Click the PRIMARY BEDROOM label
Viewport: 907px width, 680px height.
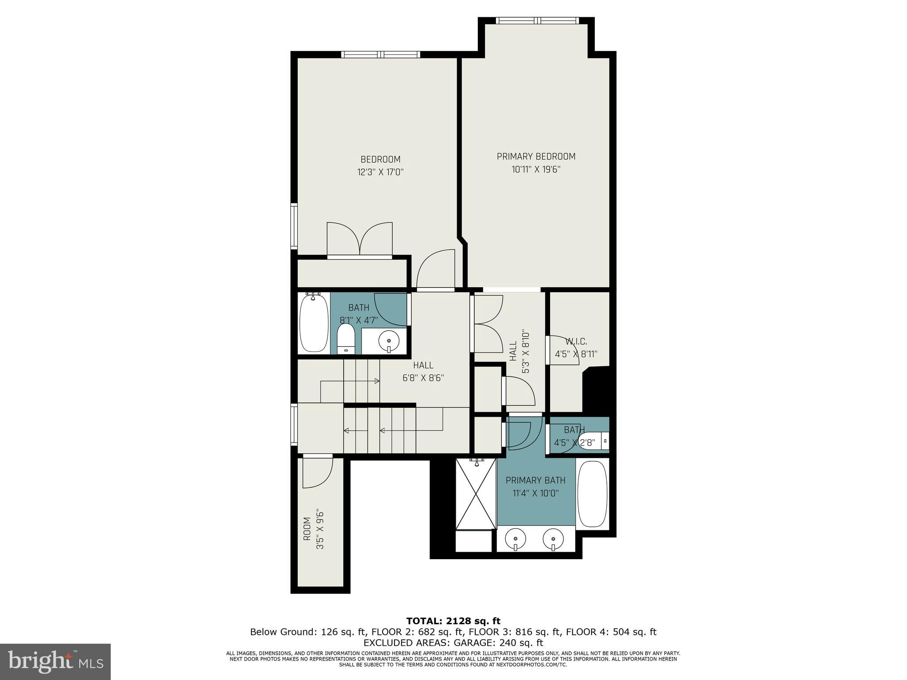coord(536,156)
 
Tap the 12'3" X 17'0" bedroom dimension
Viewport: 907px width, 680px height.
coord(380,172)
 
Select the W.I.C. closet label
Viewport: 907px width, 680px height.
coord(576,342)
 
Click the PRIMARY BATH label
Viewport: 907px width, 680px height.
coord(535,480)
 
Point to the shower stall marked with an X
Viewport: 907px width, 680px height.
coord(476,494)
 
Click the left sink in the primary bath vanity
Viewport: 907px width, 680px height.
coord(516,539)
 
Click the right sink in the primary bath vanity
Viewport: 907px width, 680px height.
coord(554,539)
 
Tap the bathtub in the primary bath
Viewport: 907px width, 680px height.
coord(592,494)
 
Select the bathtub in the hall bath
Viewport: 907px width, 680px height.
coord(314,323)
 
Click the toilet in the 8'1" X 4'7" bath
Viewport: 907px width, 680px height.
coord(346,339)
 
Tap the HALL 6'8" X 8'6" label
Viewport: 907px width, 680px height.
coord(423,371)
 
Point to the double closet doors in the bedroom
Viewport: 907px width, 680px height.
coord(360,239)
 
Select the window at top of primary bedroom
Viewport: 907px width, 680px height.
coord(536,20)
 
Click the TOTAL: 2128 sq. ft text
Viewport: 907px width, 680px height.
coord(453,621)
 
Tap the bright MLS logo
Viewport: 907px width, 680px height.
coord(55,662)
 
